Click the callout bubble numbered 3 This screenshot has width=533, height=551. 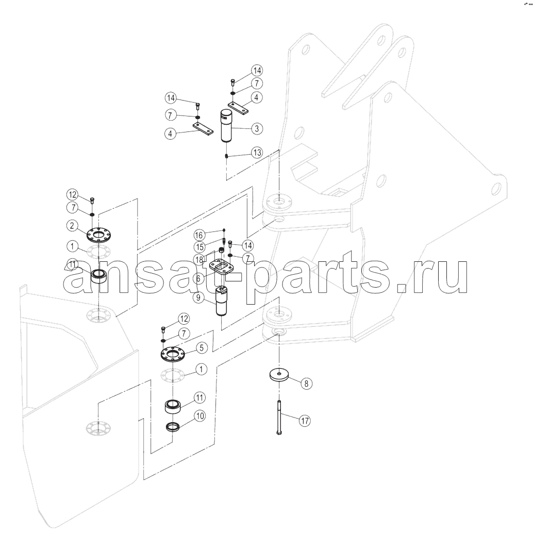[257, 129]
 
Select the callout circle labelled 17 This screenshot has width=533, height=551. [305, 421]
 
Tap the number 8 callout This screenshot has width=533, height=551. [306, 383]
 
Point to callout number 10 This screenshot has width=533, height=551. [199, 416]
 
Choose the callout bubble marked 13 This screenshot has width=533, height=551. [257, 153]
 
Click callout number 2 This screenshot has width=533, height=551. [72, 225]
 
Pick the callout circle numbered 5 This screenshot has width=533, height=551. [202, 348]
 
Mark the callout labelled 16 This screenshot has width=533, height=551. [199, 235]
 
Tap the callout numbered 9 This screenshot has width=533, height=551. [198, 298]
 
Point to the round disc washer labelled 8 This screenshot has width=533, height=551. [279, 374]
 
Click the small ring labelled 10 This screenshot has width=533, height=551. [173, 427]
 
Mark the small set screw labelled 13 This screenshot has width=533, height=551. [227, 156]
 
